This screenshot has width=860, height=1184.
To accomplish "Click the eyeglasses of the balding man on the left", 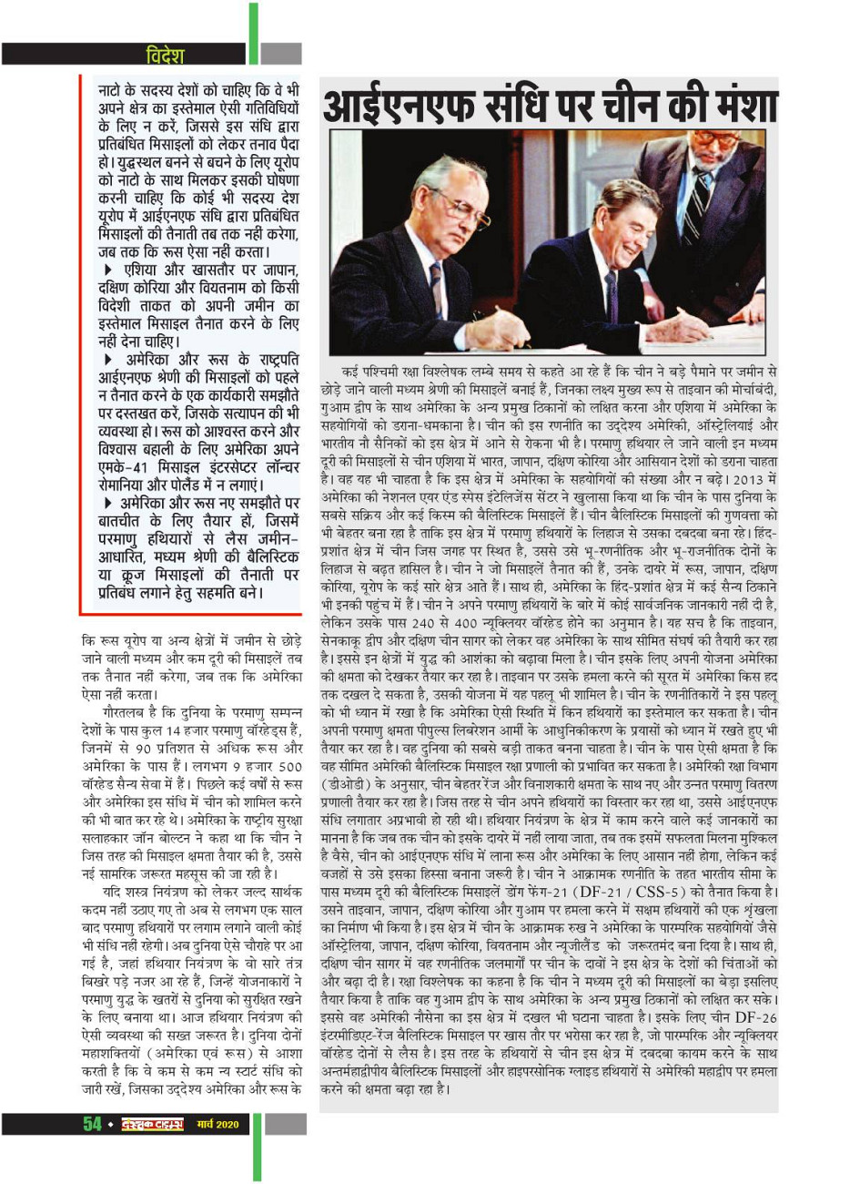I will tap(460, 209).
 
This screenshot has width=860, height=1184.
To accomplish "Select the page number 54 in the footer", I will tap(93, 1124).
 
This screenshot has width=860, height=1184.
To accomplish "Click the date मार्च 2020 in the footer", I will tap(218, 1124).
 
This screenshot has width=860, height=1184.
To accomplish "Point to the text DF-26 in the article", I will tap(756, 1016).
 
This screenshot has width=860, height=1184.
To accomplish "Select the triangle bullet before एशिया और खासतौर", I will tap(109, 270).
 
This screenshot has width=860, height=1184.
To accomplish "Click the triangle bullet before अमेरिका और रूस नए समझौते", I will tap(109, 503).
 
